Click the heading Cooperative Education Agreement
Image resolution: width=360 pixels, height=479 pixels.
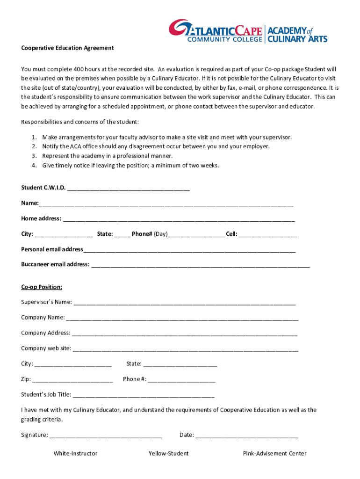67,48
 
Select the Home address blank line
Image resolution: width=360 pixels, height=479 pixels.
179,219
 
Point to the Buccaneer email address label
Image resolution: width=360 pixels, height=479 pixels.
55,264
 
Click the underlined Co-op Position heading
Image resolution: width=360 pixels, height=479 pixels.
42,287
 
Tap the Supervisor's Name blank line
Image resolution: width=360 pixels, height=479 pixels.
184,302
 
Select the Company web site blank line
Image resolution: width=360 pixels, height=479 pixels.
186,348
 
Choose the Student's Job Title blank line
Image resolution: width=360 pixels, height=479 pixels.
143,395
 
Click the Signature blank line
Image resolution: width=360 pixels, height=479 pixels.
106,435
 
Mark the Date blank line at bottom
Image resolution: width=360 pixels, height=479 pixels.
246,435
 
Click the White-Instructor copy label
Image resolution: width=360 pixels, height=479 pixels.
75,453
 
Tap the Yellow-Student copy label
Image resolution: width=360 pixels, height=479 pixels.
168,453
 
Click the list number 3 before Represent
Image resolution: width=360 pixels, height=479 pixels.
34,156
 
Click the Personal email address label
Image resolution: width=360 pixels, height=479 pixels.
52,249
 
